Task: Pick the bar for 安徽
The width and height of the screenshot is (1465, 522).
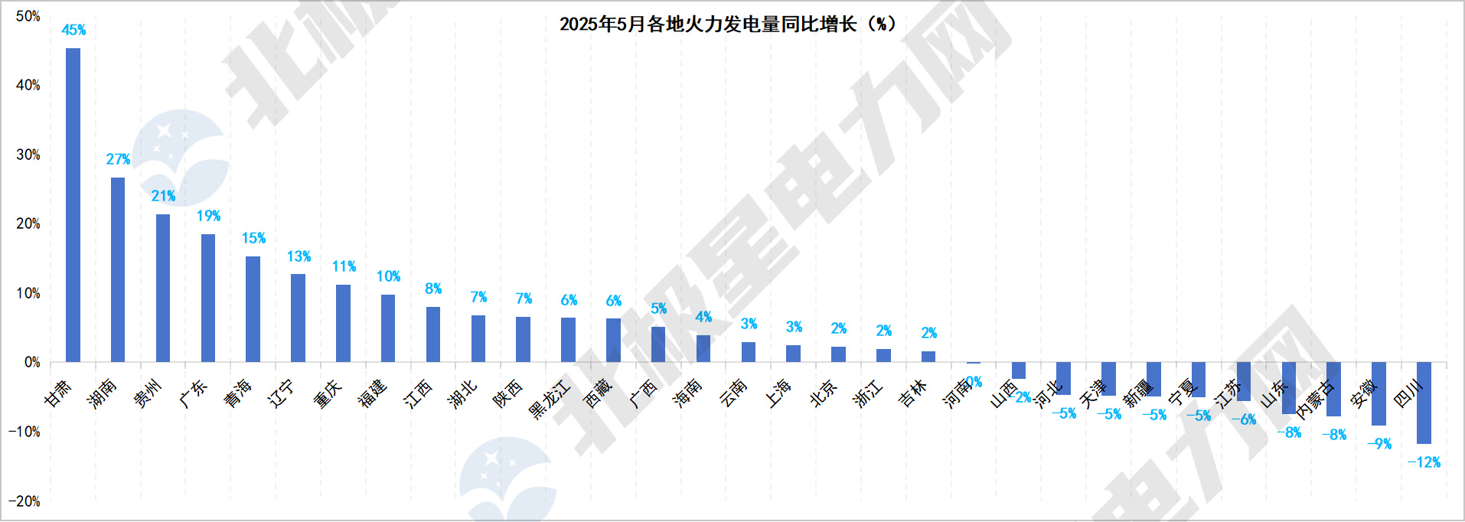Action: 1379,393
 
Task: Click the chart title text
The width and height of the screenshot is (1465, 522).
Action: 726,24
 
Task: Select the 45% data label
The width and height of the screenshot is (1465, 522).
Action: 73,31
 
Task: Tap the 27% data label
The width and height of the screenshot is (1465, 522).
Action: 118,159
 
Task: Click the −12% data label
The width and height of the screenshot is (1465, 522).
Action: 1424,462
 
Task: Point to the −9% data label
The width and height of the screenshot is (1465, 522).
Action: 1379,444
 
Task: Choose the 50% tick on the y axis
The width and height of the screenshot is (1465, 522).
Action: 28,16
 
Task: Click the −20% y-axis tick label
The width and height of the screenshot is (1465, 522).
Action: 24,501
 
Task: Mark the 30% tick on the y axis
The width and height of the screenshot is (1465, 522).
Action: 28,155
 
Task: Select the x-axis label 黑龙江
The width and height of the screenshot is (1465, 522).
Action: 550,399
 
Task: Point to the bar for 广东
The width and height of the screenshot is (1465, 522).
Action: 208,298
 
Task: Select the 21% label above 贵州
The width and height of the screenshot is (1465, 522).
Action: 163,196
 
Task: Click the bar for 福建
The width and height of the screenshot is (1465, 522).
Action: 388,328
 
